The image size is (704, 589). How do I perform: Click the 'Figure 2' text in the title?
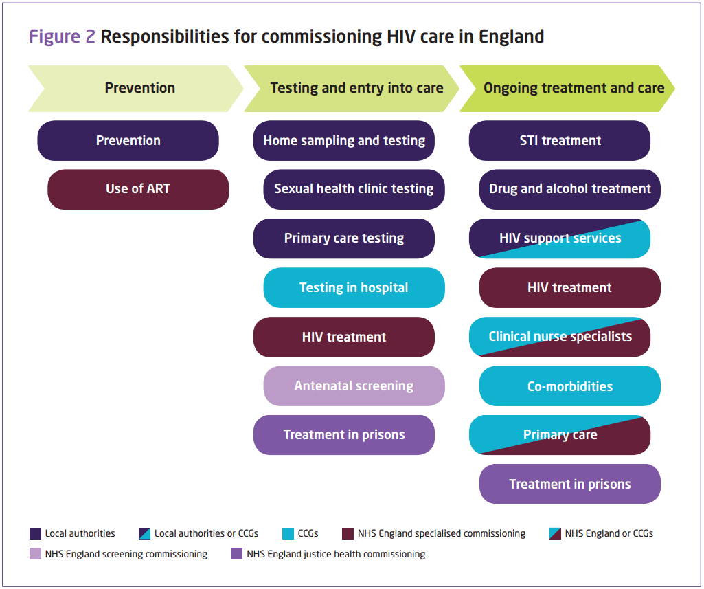click(62, 36)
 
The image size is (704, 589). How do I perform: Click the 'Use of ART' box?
click(138, 189)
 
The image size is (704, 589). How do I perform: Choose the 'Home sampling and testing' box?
click(344, 140)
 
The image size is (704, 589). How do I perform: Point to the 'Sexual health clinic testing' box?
click(354, 189)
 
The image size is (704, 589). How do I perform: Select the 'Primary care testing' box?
click(344, 238)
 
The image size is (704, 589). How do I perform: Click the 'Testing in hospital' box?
click(354, 287)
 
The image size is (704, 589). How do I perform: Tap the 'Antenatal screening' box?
click(354, 386)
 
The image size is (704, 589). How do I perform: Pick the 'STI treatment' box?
click(560, 140)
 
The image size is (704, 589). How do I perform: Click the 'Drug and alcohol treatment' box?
click(569, 189)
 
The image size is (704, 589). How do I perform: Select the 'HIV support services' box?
click(560, 238)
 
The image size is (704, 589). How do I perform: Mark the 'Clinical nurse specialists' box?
click(560, 337)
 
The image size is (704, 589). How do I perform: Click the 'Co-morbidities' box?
click(569, 386)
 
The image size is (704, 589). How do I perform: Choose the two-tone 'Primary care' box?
click(560, 435)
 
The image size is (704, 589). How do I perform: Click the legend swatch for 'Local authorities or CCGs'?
click(144, 533)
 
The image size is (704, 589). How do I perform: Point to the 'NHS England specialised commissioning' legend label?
click(442, 533)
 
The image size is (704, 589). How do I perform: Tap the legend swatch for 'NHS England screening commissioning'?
click(36, 554)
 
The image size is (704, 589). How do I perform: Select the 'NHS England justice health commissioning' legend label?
click(336, 554)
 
